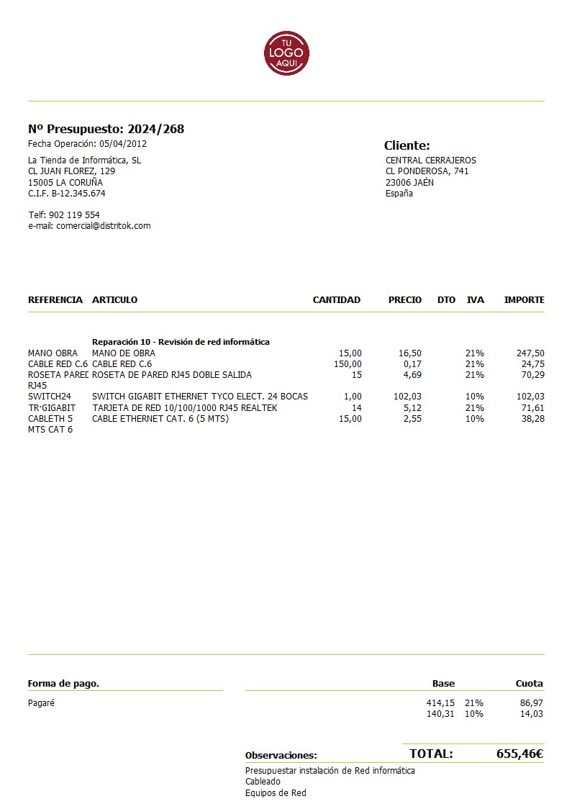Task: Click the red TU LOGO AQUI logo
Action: click(x=286, y=53)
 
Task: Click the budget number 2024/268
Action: click(x=155, y=130)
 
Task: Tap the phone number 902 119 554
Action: click(x=74, y=215)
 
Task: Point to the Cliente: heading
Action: click(x=407, y=145)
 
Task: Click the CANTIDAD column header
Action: click(x=336, y=300)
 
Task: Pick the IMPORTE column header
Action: click(x=524, y=300)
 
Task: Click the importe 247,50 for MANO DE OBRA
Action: click(x=530, y=353)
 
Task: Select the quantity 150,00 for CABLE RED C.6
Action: click(x=348, y=364)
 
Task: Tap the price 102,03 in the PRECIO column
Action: click(x=408, y=397)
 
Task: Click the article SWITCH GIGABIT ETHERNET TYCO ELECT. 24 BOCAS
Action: click(x=199, y=397)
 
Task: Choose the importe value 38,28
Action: click(x=532, y=419)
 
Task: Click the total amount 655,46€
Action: click(x=519, y=754)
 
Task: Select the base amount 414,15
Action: click(x=440, y=702)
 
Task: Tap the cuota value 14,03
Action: click(x=531, y=714)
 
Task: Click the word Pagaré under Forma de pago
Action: click(x=41, y=703)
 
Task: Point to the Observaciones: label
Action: click(x=281, y=756)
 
